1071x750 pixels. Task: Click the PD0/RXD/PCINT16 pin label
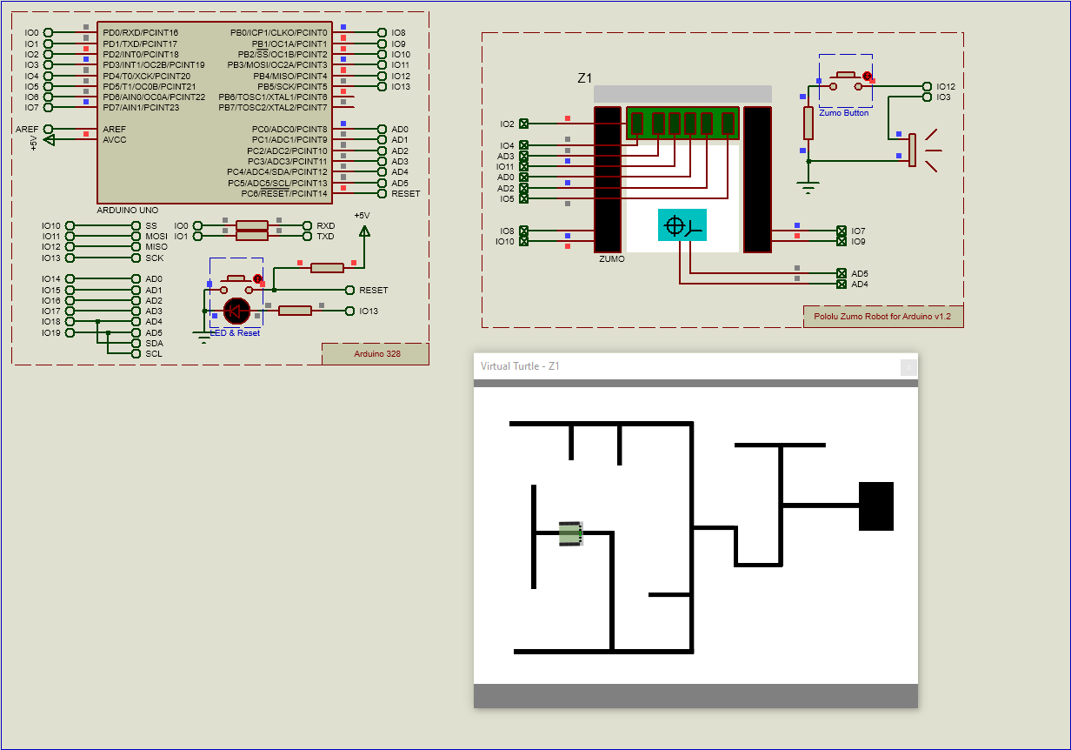140,32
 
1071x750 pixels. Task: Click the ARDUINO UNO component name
127,211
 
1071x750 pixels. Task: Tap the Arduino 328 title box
376,353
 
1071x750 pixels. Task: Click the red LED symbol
236,311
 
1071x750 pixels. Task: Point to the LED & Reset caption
235,333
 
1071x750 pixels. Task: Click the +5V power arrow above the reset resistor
364,231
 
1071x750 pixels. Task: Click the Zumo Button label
843,113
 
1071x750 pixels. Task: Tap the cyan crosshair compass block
682,224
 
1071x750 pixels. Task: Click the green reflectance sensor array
682,124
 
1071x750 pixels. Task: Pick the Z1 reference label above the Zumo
585,78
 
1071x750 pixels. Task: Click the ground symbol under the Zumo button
808,186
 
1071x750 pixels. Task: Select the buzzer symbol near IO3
913,150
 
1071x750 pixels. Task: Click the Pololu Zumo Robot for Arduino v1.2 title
882,317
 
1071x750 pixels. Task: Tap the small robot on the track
570,533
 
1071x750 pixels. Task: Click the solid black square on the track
876,506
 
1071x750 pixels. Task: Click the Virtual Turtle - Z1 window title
520,366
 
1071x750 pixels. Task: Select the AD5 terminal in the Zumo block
841,273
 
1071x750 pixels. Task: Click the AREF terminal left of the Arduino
49,129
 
